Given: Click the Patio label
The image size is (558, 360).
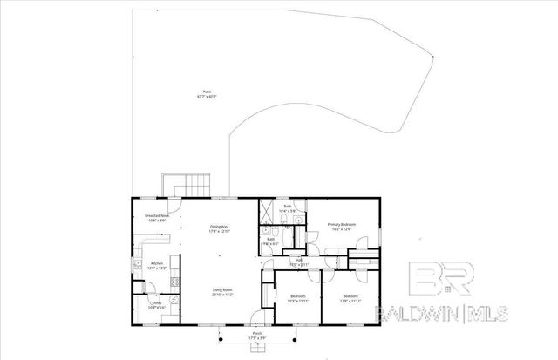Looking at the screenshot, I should tap(207, 93).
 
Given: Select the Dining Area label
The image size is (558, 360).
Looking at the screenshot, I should tap(219, 229).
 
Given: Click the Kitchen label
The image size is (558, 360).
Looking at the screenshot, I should tap(157, 265).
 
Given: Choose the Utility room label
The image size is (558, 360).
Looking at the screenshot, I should tap(156, 305).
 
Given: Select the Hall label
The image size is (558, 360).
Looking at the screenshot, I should tap(299, 262).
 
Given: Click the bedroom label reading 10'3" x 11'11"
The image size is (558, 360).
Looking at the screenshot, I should tap(297, 299).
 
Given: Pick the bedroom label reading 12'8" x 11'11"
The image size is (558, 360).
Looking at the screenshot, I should tap(351, 299).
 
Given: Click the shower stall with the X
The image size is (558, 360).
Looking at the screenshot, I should tap(266, 211).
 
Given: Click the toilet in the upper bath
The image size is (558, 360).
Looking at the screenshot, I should tap(298, 221).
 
